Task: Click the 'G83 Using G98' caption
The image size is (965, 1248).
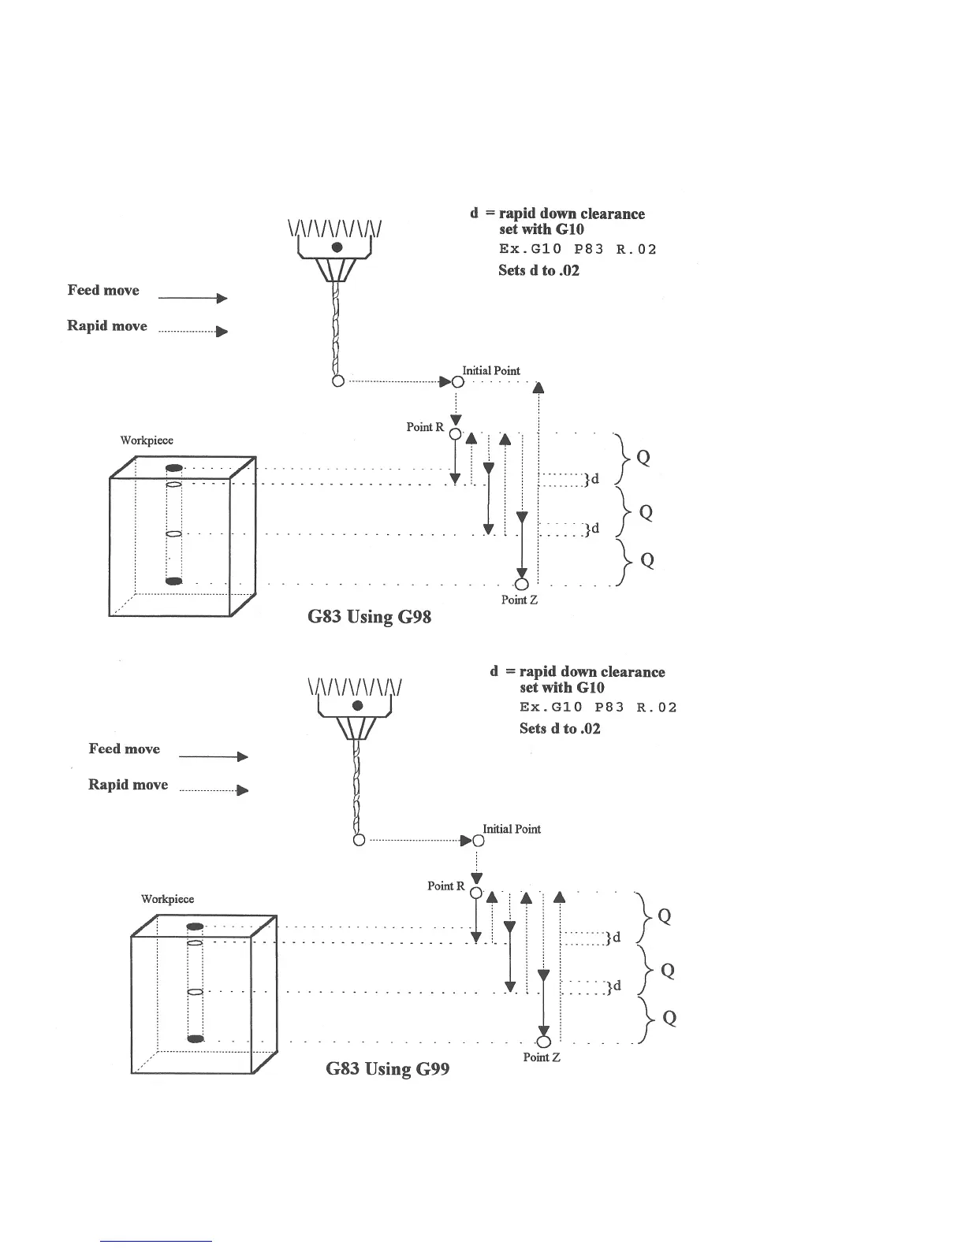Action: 369,616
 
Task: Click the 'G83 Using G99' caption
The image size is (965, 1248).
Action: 388,1069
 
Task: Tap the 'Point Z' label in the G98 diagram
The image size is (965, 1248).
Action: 519,600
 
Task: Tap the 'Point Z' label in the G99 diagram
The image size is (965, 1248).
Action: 542,1057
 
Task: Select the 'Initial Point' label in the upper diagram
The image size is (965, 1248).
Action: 491,370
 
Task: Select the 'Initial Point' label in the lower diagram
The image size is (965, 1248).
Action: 512,829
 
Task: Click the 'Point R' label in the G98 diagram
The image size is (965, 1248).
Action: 425,427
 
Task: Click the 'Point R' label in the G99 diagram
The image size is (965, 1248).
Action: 445,886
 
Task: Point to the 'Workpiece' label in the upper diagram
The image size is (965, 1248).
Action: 147,440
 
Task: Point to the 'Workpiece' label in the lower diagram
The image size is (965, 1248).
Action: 167,899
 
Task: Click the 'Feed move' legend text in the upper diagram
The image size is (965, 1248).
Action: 103,290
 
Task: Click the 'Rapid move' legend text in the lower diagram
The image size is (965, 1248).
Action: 128,785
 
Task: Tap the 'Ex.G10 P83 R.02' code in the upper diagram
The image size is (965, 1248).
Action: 577,250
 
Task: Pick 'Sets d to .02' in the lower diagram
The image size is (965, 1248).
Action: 560,729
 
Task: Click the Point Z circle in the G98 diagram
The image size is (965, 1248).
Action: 520,584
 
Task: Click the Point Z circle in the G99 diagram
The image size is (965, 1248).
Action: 543,1041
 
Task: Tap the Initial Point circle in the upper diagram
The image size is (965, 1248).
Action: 458,382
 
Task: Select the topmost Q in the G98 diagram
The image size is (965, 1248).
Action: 643,458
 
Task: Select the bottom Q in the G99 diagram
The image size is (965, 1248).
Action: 669,1018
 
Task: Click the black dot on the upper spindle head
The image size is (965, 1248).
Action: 337,247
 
